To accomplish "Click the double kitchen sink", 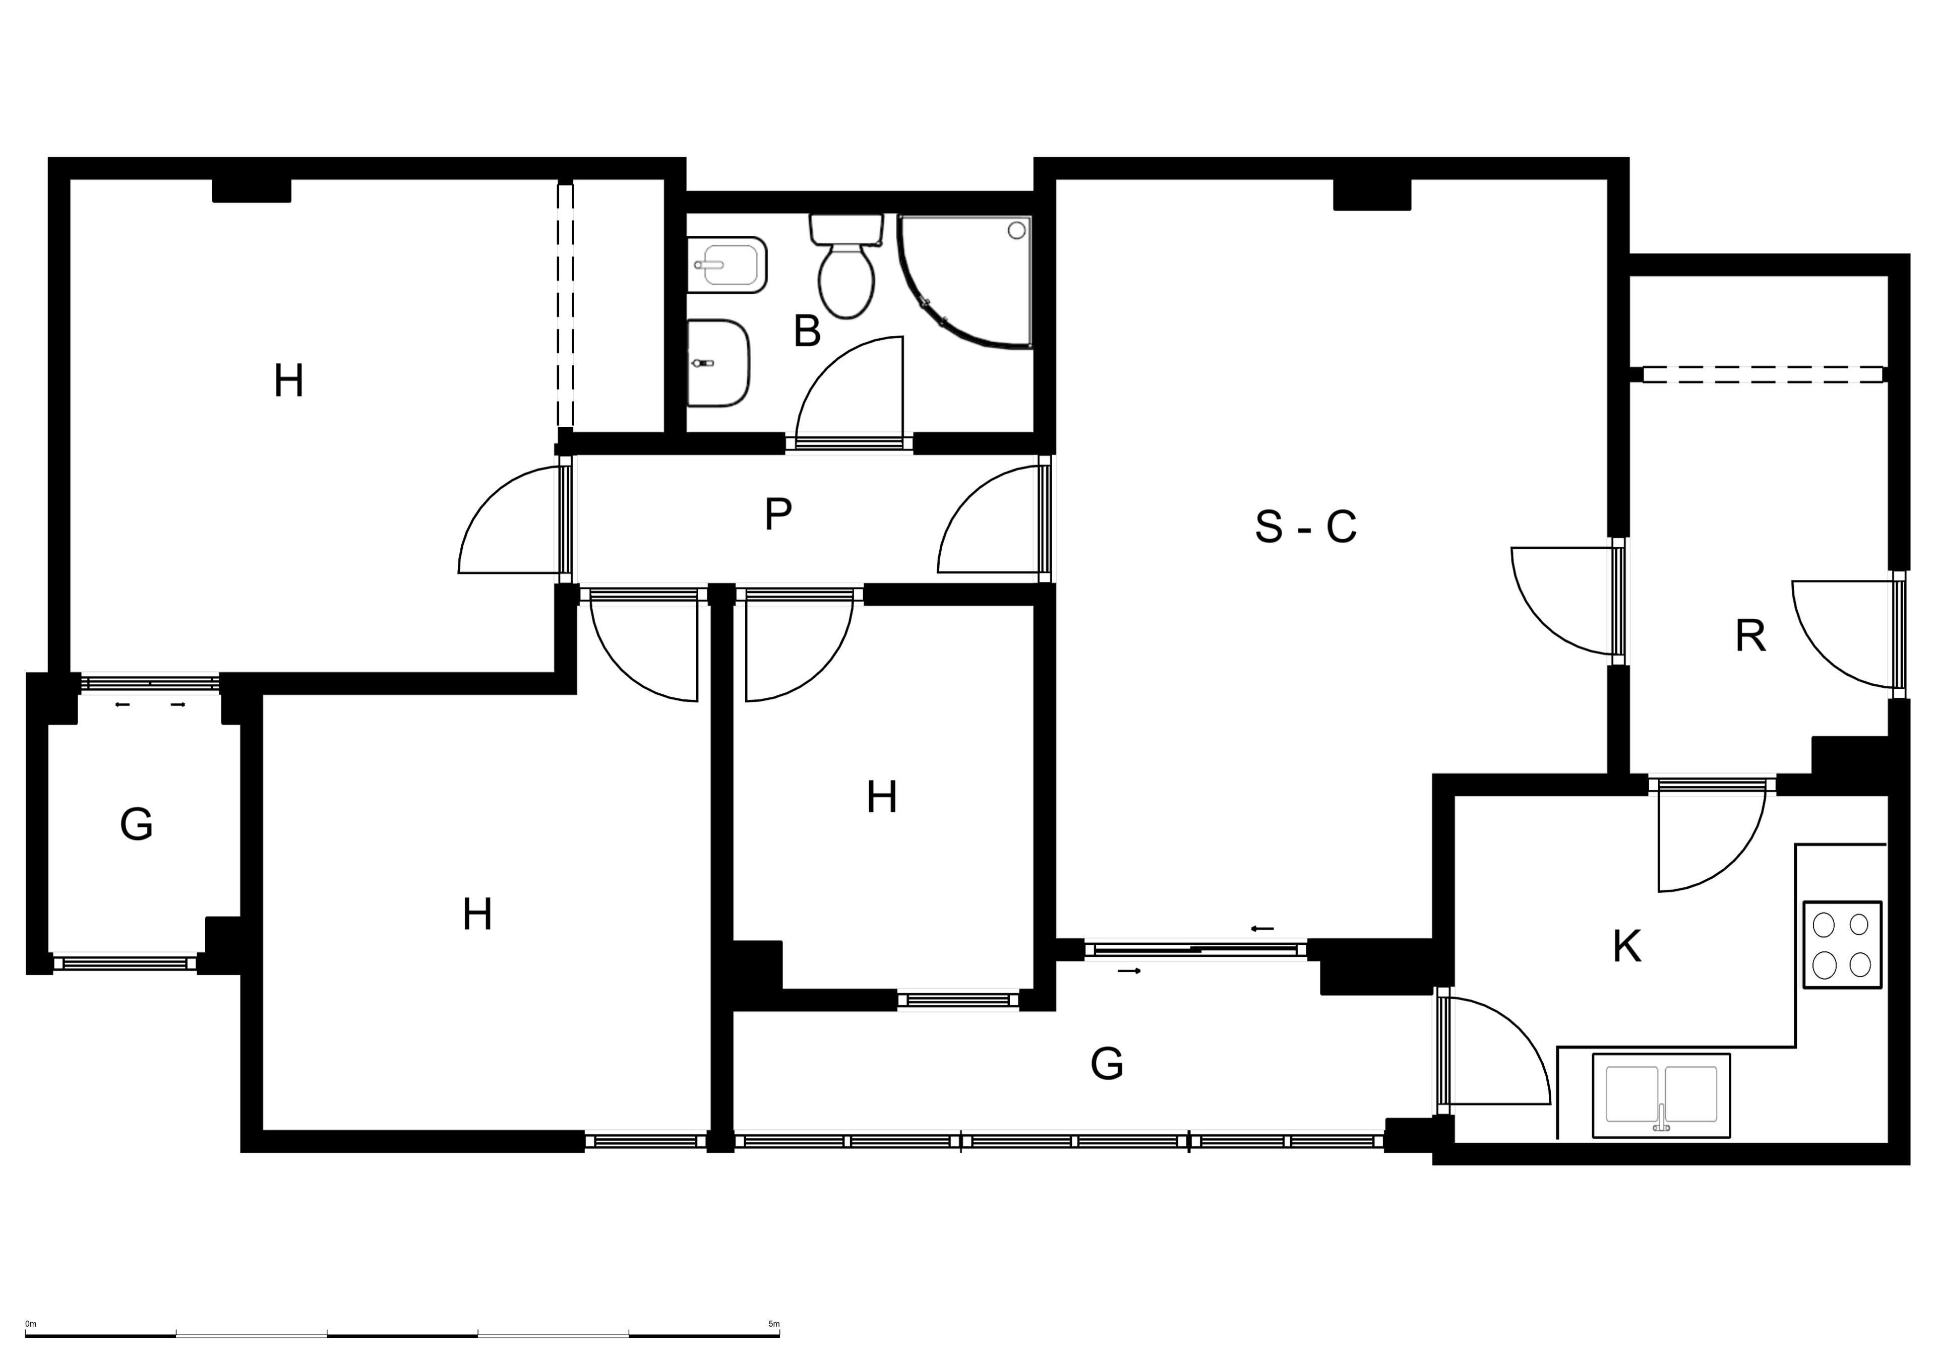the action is (1661, 1096).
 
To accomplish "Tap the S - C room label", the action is (1305, 527).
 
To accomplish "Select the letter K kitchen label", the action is (1626, 947).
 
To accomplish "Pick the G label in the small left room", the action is (137, 824).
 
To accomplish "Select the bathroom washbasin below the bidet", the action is (718, 363).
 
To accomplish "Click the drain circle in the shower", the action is (1017, 229).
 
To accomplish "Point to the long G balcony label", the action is (1106, 1064).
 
